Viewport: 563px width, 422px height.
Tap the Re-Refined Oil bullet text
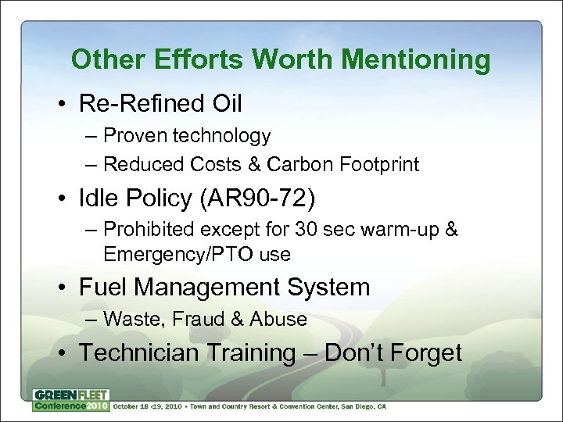click(160, 103)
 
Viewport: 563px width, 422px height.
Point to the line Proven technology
click(187, 136)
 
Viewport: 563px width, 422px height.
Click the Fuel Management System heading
click(224, 287)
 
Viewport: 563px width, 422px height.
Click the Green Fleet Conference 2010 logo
click(70, 399)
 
